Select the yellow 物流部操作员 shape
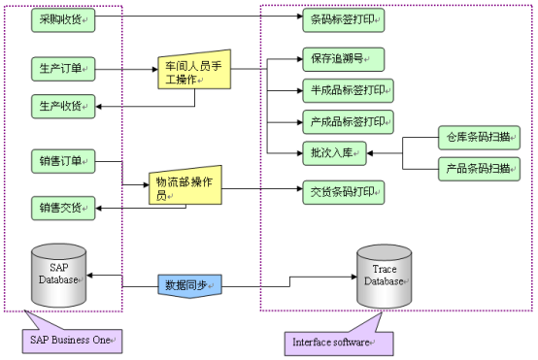pyautogui.click(x=183, y=187)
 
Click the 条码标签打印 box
pyautogui.click(x=343, y=19)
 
